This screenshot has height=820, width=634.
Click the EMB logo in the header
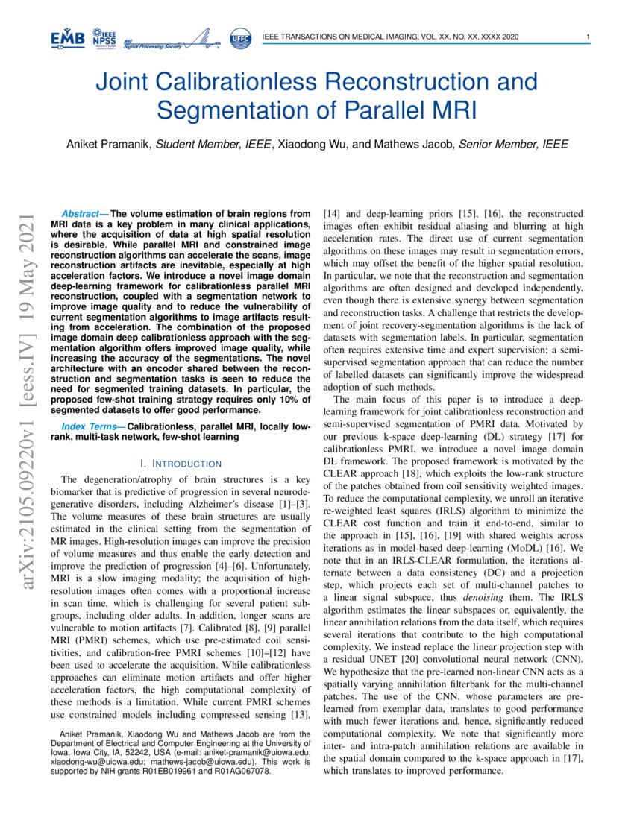pos(68,38)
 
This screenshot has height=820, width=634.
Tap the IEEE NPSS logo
pos(104,38)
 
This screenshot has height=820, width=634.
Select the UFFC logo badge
pos(241,38)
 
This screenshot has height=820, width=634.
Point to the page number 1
pos(589,38)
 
